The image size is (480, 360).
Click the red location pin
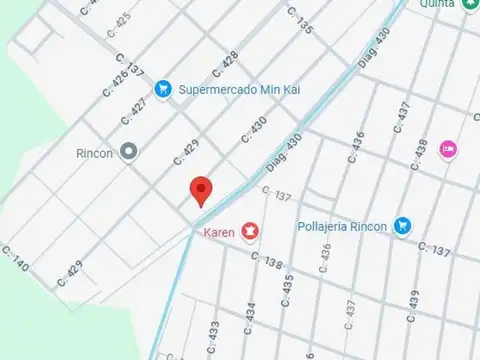(x=202, y=190)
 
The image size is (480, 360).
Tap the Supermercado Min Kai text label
(x=240, y=90)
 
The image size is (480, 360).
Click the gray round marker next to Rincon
(x=128, y=153)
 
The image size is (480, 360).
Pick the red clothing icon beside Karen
(x=248, y=232)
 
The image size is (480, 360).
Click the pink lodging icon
(x=448, y=149)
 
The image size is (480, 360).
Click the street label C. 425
(x=119, y=21)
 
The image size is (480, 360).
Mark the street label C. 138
(x=268, y=261)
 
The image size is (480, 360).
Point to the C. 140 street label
(x=17, y=260)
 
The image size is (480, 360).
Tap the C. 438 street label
(x=420, y=150)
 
